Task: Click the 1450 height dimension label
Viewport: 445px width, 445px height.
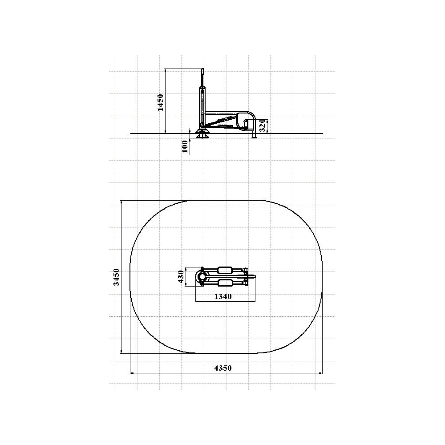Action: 160,102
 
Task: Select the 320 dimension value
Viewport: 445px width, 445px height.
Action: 263,125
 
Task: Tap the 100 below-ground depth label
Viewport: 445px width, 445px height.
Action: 185,146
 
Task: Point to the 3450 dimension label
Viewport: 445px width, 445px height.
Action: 116,277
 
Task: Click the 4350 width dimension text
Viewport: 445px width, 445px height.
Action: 223,368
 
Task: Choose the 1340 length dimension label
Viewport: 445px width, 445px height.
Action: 223,296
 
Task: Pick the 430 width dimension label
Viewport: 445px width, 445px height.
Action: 181,276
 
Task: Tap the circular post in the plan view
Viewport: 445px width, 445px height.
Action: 202,276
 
